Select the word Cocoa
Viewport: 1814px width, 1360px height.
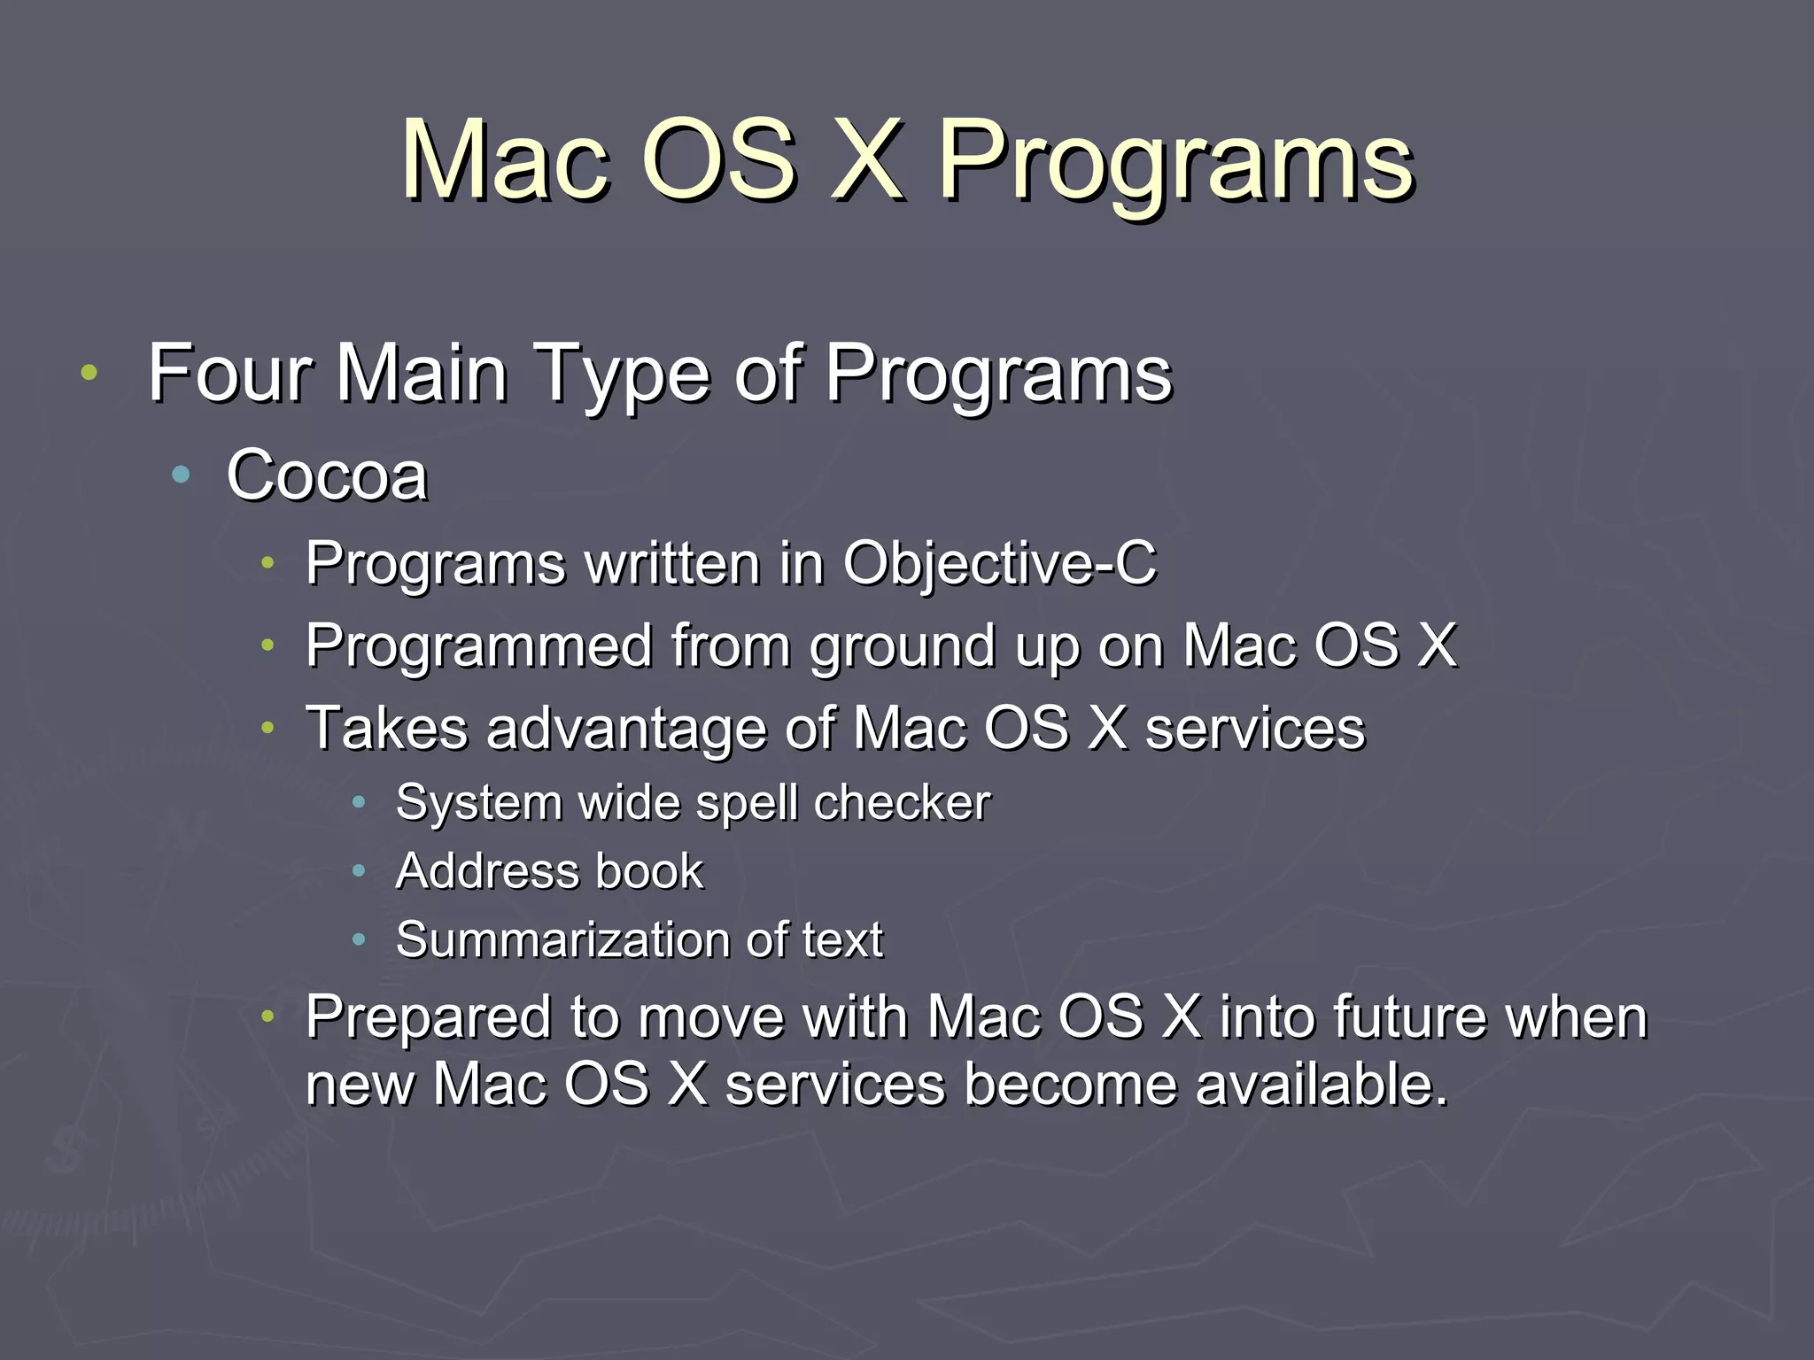(327, 476)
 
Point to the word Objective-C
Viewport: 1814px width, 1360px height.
(998, 563)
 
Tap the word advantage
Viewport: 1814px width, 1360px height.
(625, 730)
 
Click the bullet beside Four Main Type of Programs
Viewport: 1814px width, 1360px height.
(89, 373)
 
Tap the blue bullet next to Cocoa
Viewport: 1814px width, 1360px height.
(182, 475)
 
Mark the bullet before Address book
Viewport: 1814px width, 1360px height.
(359, 871)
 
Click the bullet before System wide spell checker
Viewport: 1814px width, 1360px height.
(359, 802)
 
